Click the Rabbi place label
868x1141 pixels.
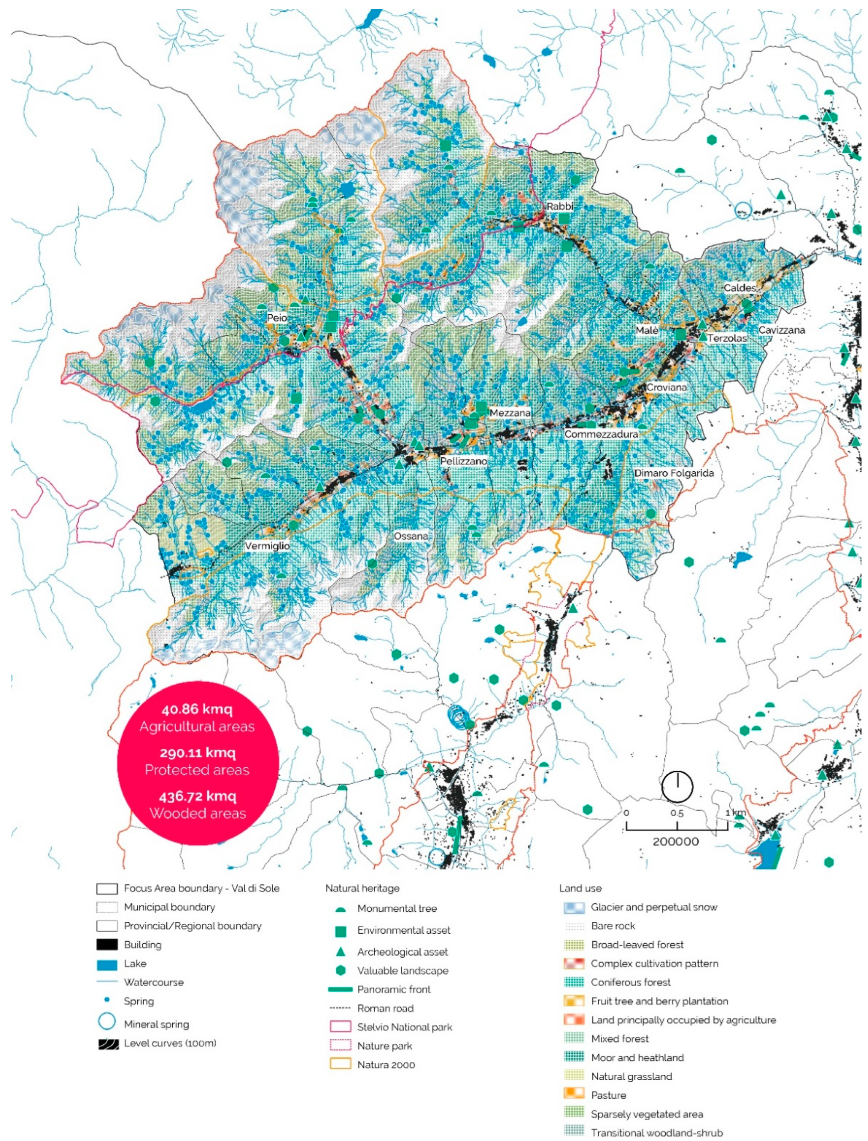(560, 206)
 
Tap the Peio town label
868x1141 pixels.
(277, 318)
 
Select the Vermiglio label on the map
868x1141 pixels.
(267, 546)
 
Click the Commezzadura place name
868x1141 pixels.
(601, 434)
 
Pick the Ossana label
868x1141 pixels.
(411, 536)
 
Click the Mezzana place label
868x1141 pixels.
(510, 413)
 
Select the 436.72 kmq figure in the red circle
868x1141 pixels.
(197, 796)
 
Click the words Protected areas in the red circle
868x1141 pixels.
(197, 770)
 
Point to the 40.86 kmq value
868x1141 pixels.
(197, 709)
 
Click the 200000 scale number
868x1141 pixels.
(676, 841)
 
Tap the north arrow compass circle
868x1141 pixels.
(677, 787)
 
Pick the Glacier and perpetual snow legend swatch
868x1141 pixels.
(574, 907)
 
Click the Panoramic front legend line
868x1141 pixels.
(340, 989)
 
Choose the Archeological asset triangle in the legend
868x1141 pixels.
(340, 951)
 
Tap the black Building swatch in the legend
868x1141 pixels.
(107, 945)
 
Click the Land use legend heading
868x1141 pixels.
(580, 888)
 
